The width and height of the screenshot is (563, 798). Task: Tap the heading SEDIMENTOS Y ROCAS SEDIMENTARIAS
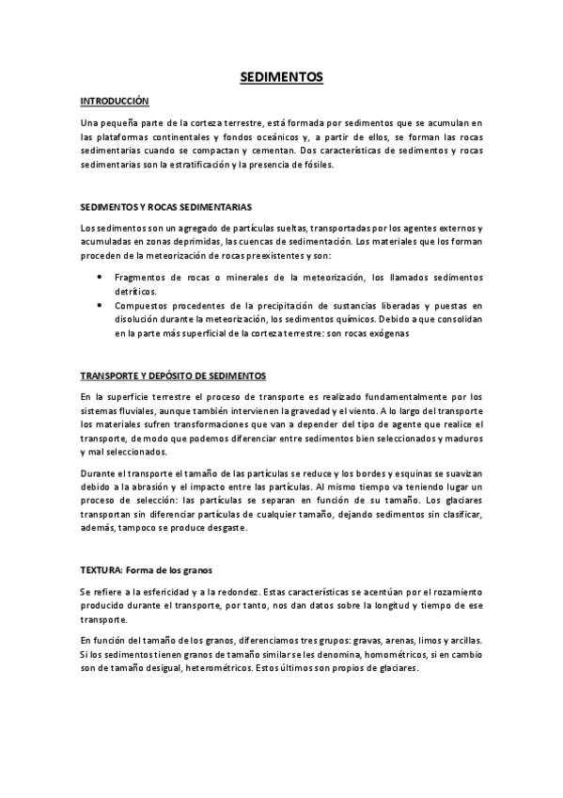[x=165, y=206]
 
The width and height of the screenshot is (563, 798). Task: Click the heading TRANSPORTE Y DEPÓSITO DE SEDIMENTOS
[x=173, y=375]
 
